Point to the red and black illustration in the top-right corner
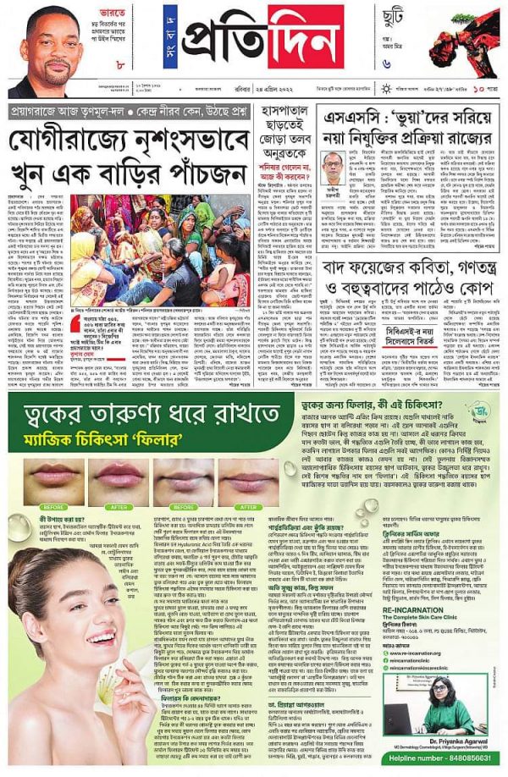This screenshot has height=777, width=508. click(x=466, y=38)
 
